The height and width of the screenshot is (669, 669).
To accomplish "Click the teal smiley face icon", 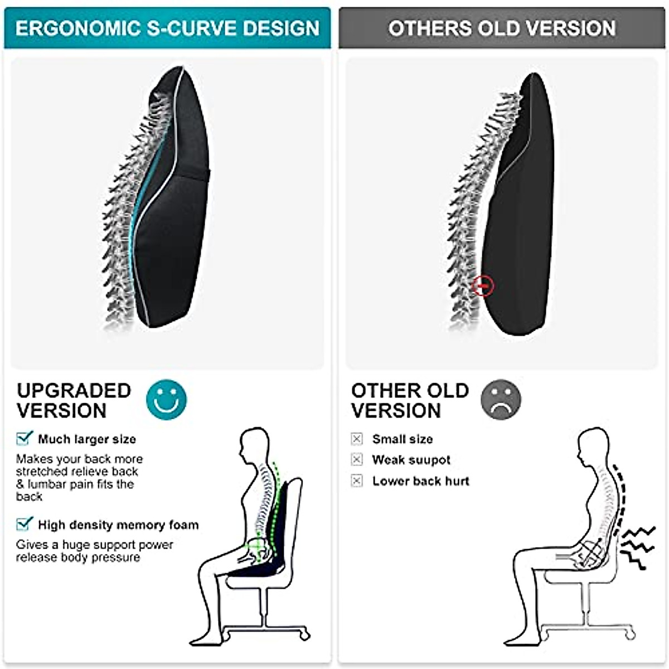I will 166,399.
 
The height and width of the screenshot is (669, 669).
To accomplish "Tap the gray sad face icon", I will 501,399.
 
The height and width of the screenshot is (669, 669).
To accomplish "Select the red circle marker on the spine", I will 483,286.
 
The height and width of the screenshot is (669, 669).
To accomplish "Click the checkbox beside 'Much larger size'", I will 24,438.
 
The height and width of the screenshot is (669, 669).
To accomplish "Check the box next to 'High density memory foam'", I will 24,524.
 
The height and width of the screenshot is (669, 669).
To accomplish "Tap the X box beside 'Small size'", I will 357,439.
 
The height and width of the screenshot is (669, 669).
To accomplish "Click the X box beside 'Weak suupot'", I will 357,459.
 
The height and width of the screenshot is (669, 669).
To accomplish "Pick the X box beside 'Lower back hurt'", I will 357,481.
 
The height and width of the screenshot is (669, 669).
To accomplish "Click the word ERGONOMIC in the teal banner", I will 78,28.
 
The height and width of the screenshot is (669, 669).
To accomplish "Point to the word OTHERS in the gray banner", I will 429,28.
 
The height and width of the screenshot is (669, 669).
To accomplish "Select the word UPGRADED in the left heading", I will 74,390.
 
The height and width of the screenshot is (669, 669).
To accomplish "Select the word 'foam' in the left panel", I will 183,525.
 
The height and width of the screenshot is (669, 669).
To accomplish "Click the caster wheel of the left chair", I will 304,634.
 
